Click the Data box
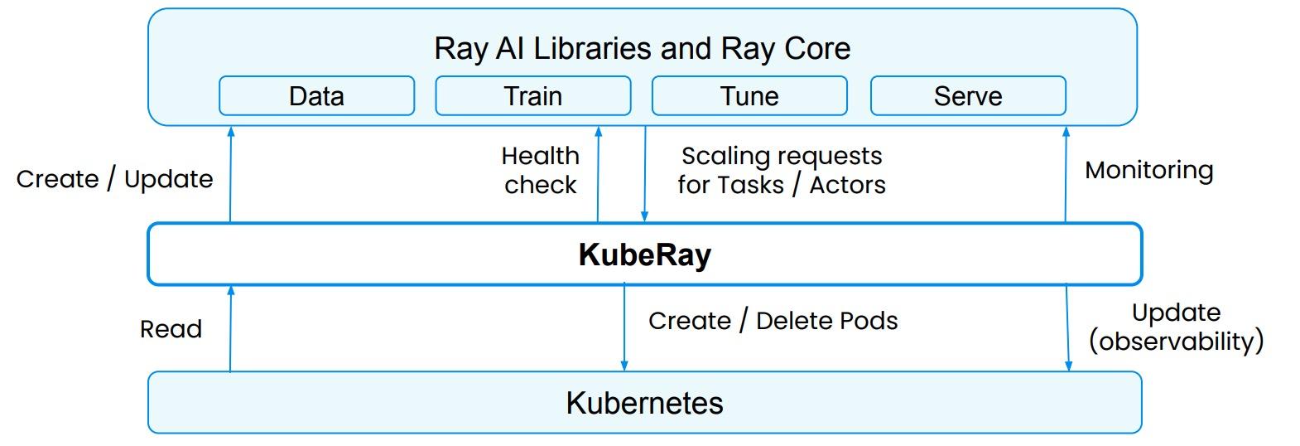click(x=316, y=96)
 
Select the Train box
click(x=532, y=96)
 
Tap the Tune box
click(x=749, y=96)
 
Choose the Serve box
click(x=967, y=96)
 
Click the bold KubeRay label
click(x=644, y=255)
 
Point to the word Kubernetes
click(x=644, y=403)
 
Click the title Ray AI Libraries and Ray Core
click(x=642, y=48)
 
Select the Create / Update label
click(x=114, y=179)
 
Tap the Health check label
click(x=541, y=170)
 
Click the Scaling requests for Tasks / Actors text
click(x=781, y=170)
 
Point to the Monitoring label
click(x=1148, y=170)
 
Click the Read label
click(x=171, y=329)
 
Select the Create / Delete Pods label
click(x=773, y=321)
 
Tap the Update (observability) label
click(x=1176, y=327)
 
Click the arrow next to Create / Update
click(x=231, y=174)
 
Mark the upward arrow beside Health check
click(x=598, y=174)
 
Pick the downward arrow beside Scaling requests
click(x=645, y=174)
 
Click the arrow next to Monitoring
click(x=1066, y=174)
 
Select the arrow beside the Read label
click(x=231, y=328)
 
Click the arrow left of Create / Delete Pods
click(x=624, y=328)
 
